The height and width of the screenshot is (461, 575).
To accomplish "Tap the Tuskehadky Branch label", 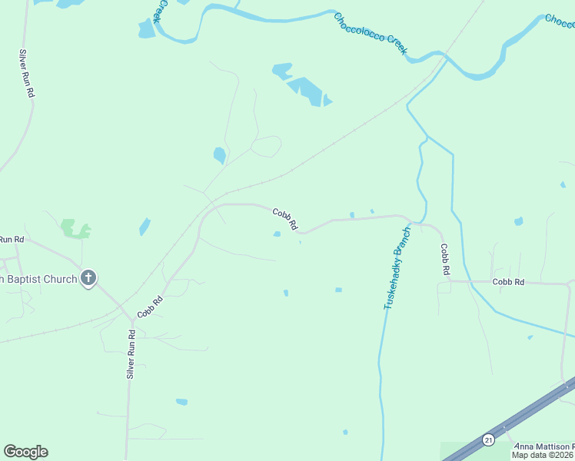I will coord(397,268).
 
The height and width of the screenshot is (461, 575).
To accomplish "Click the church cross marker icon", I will coord(88,278).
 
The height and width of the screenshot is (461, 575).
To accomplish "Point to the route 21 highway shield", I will coord(488,439).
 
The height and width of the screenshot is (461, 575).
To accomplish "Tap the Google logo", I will coord(25,452).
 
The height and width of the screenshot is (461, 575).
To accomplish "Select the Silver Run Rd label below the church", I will coord(131,354).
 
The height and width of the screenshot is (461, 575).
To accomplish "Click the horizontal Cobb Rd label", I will coord(508,283).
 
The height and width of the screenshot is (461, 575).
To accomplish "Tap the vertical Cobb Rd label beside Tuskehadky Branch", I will coord(444,260).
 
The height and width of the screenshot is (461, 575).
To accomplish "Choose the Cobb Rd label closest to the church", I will coord(151,307).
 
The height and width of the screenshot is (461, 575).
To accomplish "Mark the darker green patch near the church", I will coord(75,229).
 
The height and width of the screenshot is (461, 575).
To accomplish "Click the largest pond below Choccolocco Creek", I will coord(307,91).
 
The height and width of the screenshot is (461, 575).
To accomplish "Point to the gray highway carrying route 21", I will coord(523,415).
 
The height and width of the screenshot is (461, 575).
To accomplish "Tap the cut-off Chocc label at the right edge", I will coord(560,19).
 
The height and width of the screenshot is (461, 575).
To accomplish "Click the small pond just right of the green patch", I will coord(145,227).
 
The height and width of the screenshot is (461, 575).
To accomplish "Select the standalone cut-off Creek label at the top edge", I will coord(160,11).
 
